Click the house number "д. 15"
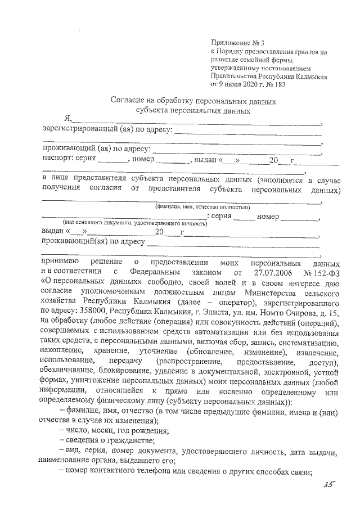[330, 310]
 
